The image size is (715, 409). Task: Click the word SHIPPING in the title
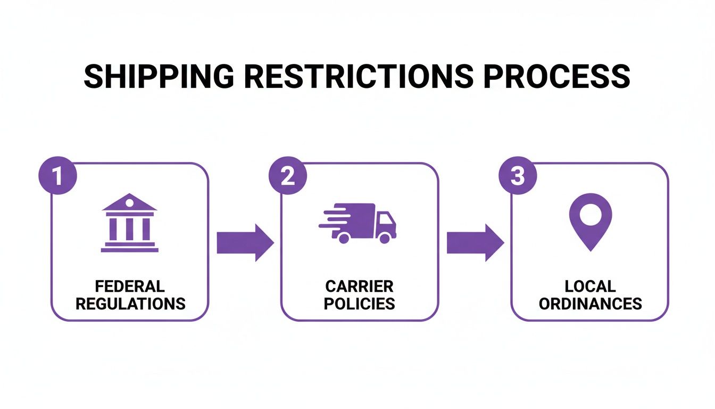click(x=158, y=77)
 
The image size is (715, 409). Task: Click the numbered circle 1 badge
click(x=57, y=176)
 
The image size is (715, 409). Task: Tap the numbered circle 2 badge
click(x=287, y=176)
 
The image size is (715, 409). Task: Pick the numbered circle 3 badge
click(x=517, y=176)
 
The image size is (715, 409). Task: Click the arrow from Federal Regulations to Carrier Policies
click(x=245, y=243)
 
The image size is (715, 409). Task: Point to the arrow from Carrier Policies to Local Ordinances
click(x=475, y=243)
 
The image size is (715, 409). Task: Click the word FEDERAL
click(x=130, y=287)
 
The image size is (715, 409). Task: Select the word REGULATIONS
click(x=130, y=304)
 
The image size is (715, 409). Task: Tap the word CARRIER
click(x=360, y=287)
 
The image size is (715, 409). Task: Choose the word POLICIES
click(x=360, y=304)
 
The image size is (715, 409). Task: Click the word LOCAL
click(x=590, y=287)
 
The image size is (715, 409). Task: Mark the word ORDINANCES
click(x=590, y=304)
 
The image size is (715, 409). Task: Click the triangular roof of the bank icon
click(x=129, y=203)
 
